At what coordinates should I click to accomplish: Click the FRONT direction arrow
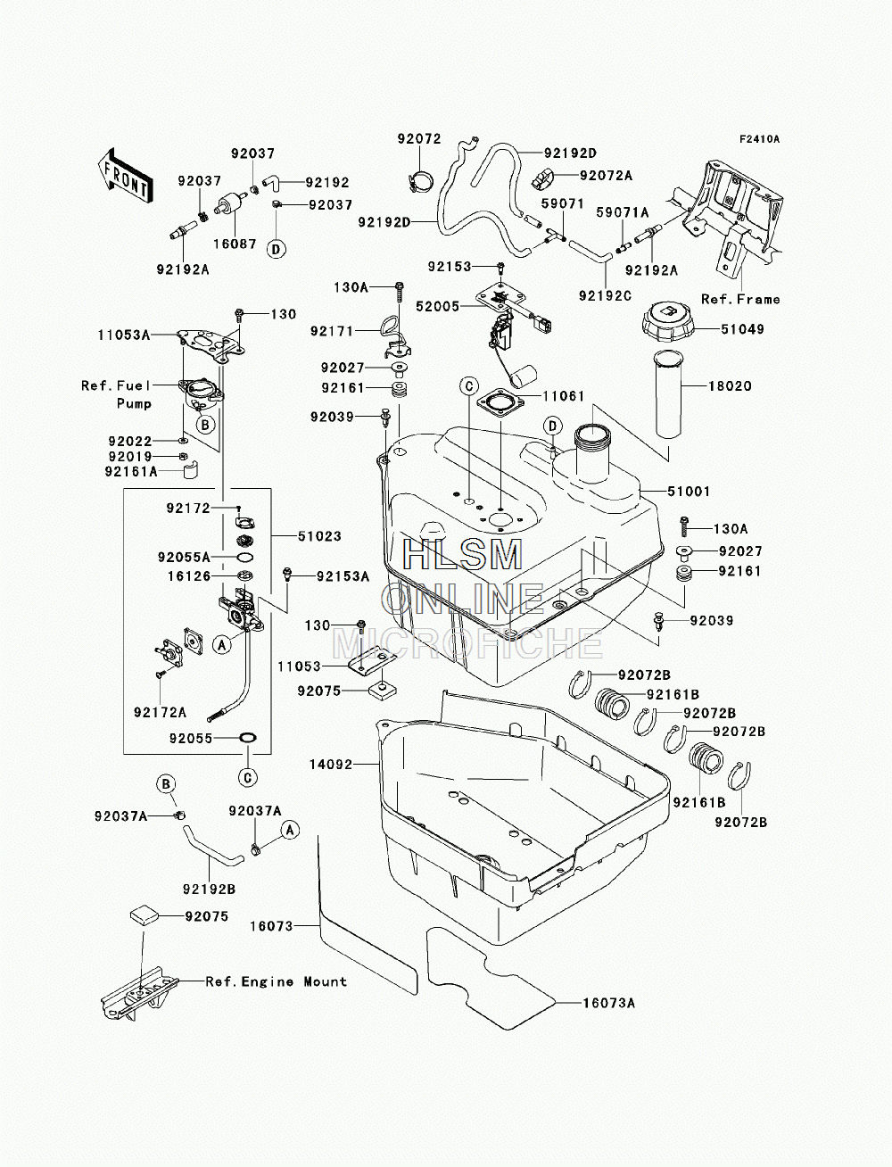(124, 176)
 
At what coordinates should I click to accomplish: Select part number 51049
(742, 329)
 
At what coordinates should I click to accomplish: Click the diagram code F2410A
(760, 139)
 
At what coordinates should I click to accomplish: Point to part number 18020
(730, 386)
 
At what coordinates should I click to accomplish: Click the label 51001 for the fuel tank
(689, 492)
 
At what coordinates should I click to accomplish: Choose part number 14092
(331, 765)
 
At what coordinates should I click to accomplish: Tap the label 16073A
(608, 1003)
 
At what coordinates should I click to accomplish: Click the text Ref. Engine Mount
(277, 981)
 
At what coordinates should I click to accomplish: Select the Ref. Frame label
(740, 299)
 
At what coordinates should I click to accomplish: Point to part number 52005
(437, 307)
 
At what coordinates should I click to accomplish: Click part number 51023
(319, 536)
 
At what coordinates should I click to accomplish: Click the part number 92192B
(209, 889)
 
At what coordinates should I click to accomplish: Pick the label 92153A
(343, 576)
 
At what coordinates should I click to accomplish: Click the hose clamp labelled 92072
(419, 181)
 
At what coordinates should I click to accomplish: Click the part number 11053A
(124, 335)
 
